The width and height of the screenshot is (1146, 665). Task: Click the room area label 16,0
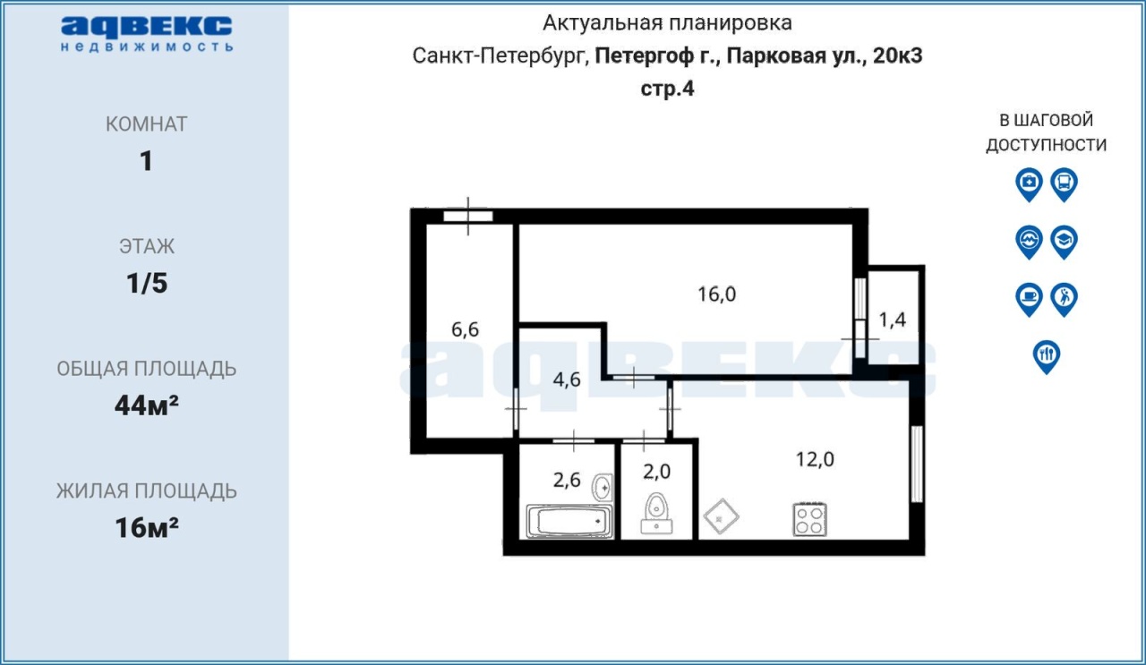(717, 294)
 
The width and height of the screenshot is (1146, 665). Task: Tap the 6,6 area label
(465, 329)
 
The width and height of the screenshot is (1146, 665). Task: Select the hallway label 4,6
(567, 379)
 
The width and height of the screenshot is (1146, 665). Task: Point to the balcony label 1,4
(893, 320)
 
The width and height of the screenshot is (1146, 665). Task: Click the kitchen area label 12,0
(815, 459)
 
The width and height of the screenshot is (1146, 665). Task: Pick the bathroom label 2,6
(567, 480)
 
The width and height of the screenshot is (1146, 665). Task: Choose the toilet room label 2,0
(657, 472)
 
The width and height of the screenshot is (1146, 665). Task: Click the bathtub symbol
(569, 521)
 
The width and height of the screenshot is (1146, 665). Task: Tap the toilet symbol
(656, 514)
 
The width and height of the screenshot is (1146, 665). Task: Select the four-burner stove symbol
(810, 520)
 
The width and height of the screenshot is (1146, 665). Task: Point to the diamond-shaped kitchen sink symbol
(722, 516)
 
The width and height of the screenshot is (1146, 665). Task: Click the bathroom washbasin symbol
(603, 488)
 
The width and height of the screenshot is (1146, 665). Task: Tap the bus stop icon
(1065, 184)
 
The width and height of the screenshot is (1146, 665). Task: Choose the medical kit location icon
(1029, 184)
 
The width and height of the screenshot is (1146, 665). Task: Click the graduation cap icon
(1065, 242)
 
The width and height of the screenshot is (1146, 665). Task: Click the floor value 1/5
(147, 284)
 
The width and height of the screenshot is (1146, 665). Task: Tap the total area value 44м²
(147, 405)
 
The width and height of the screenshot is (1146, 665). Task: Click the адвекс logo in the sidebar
(147, 34)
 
